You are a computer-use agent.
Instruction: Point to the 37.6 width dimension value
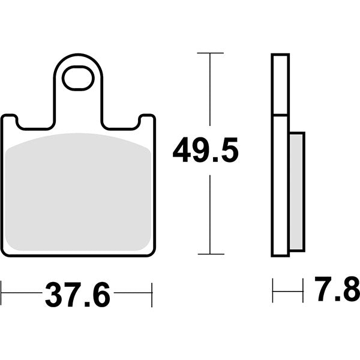pos(77,294)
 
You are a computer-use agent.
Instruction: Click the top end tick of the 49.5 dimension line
pos(209,53)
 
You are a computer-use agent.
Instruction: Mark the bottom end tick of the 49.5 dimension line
pos(209,254)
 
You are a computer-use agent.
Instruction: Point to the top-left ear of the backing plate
pos(9,120)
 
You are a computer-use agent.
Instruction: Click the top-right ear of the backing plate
pos(148,120)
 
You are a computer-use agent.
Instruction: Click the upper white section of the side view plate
pos(280,84)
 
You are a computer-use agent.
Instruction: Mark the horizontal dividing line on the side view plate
pos(280,115)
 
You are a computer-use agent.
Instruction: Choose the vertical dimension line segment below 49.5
pos(209,213)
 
